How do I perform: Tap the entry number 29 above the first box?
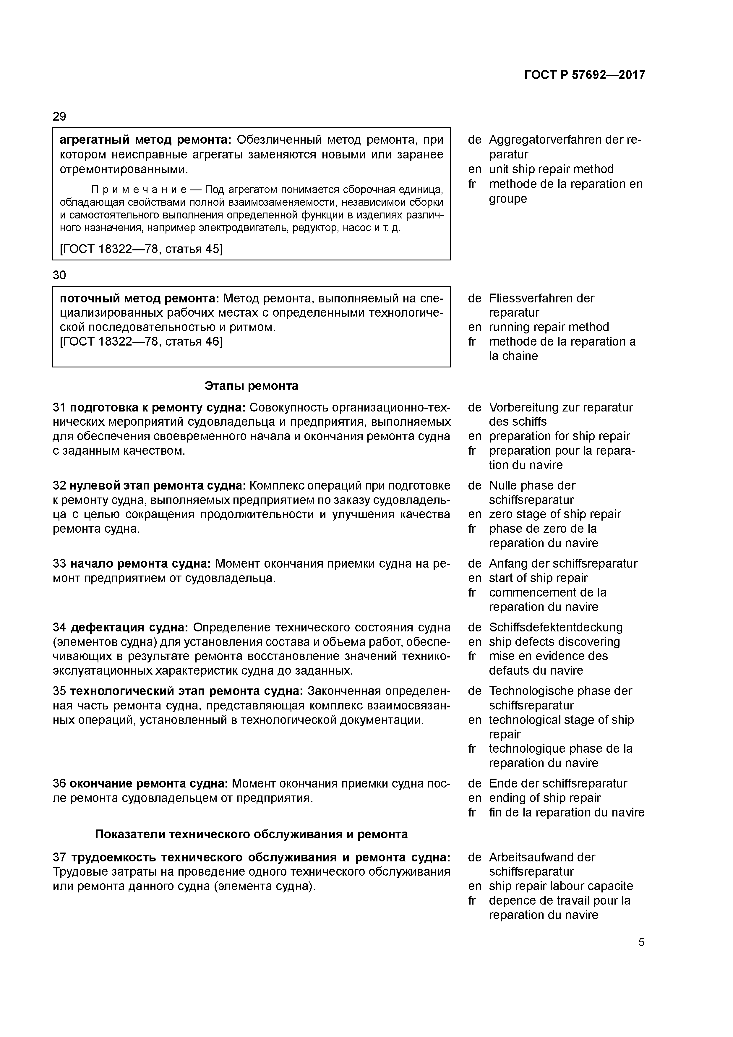coord(59,116)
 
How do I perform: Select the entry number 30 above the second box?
coord(59,275)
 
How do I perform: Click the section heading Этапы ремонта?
coord(251,386)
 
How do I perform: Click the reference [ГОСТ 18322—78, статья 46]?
coord(141,341)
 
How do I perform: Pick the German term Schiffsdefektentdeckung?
coord(555,627)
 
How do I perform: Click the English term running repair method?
coord(549,327)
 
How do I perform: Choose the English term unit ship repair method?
coord(551,169)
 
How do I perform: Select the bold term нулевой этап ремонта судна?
coord(158,485)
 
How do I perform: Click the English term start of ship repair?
coord(538,578)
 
